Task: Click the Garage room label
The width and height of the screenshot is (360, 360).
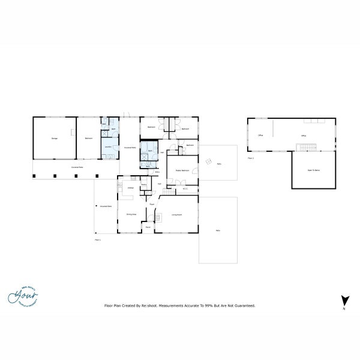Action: pyautogui.click(x=55, y=139)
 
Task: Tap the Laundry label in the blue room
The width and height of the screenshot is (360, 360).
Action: pyautogui.click(x=108, y=146)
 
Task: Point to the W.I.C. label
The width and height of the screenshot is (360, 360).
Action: pyautogui.click(x=185, y=189)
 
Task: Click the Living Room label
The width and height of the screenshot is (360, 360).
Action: pyautogui.click(x=176, y=214)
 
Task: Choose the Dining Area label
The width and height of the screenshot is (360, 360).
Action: pyautogui.click(x=131, y=214)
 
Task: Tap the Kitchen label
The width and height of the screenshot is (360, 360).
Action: pyautogui.click(x=130, y=188)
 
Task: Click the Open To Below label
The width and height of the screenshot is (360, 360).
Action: pyautogui.click(x=314, y=170)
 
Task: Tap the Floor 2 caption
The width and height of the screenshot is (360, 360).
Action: pyautogui.click(x=251, y=158)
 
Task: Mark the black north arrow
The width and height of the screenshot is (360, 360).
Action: pyautogui.click(x=344, y=301)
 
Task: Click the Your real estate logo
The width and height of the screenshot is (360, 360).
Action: pyautogui.click(x=23, y=295)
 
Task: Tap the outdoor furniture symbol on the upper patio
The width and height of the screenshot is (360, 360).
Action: pyautogui.click(x=208, y=161)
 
